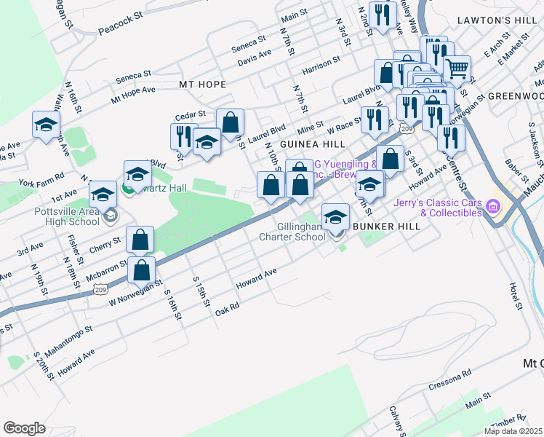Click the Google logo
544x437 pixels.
[x=24, y=428]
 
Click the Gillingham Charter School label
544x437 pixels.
[x=292, y=232]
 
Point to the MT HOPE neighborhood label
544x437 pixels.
[x=203, y=84]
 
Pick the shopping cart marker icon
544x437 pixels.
[x=457, y=69]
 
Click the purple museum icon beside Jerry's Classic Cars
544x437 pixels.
[x=494, y=207]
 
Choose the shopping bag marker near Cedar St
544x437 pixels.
[x=230, y=122]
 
